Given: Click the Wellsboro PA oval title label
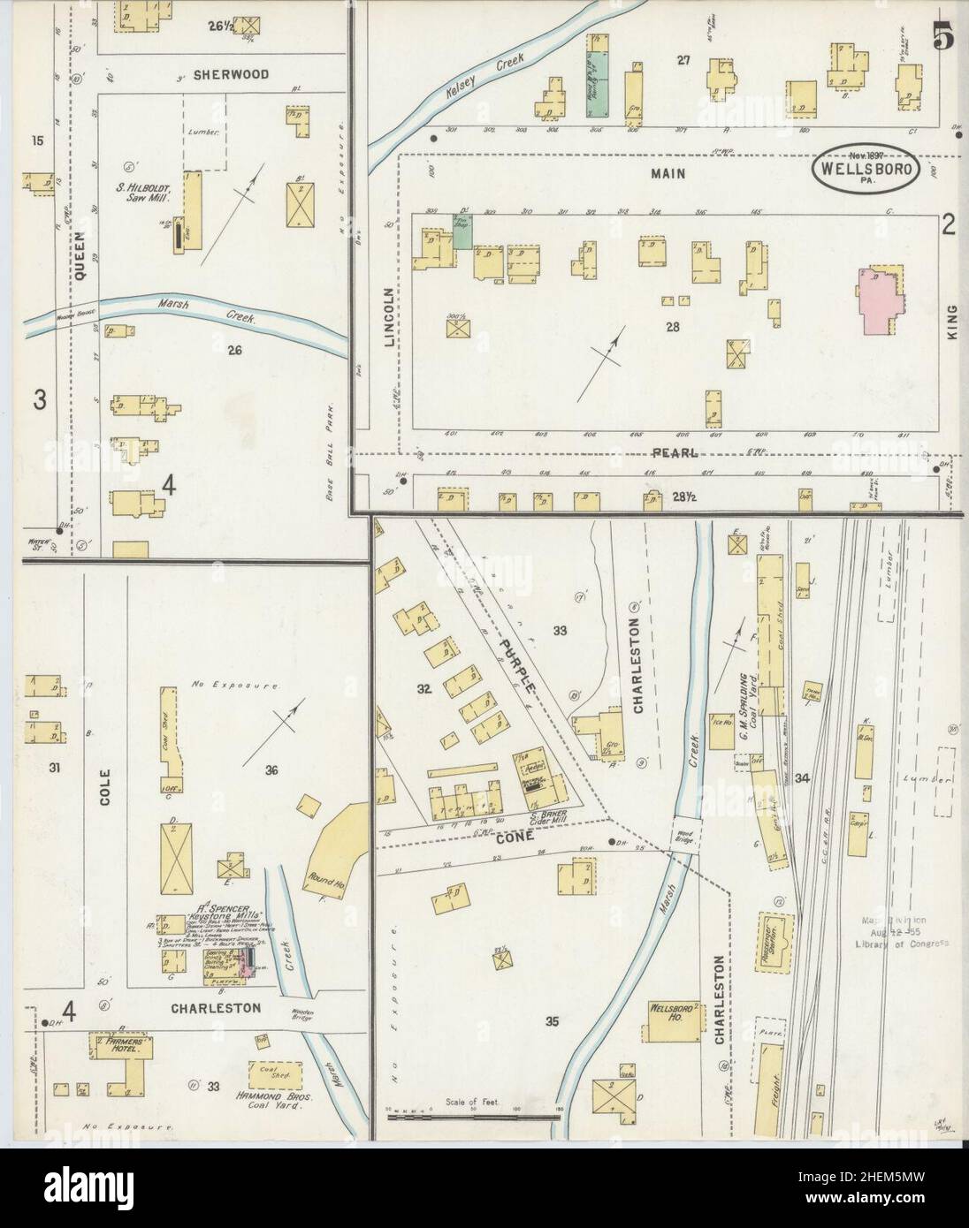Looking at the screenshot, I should (x=866, y=167).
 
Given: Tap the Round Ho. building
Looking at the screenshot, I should (x=332, y=835).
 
